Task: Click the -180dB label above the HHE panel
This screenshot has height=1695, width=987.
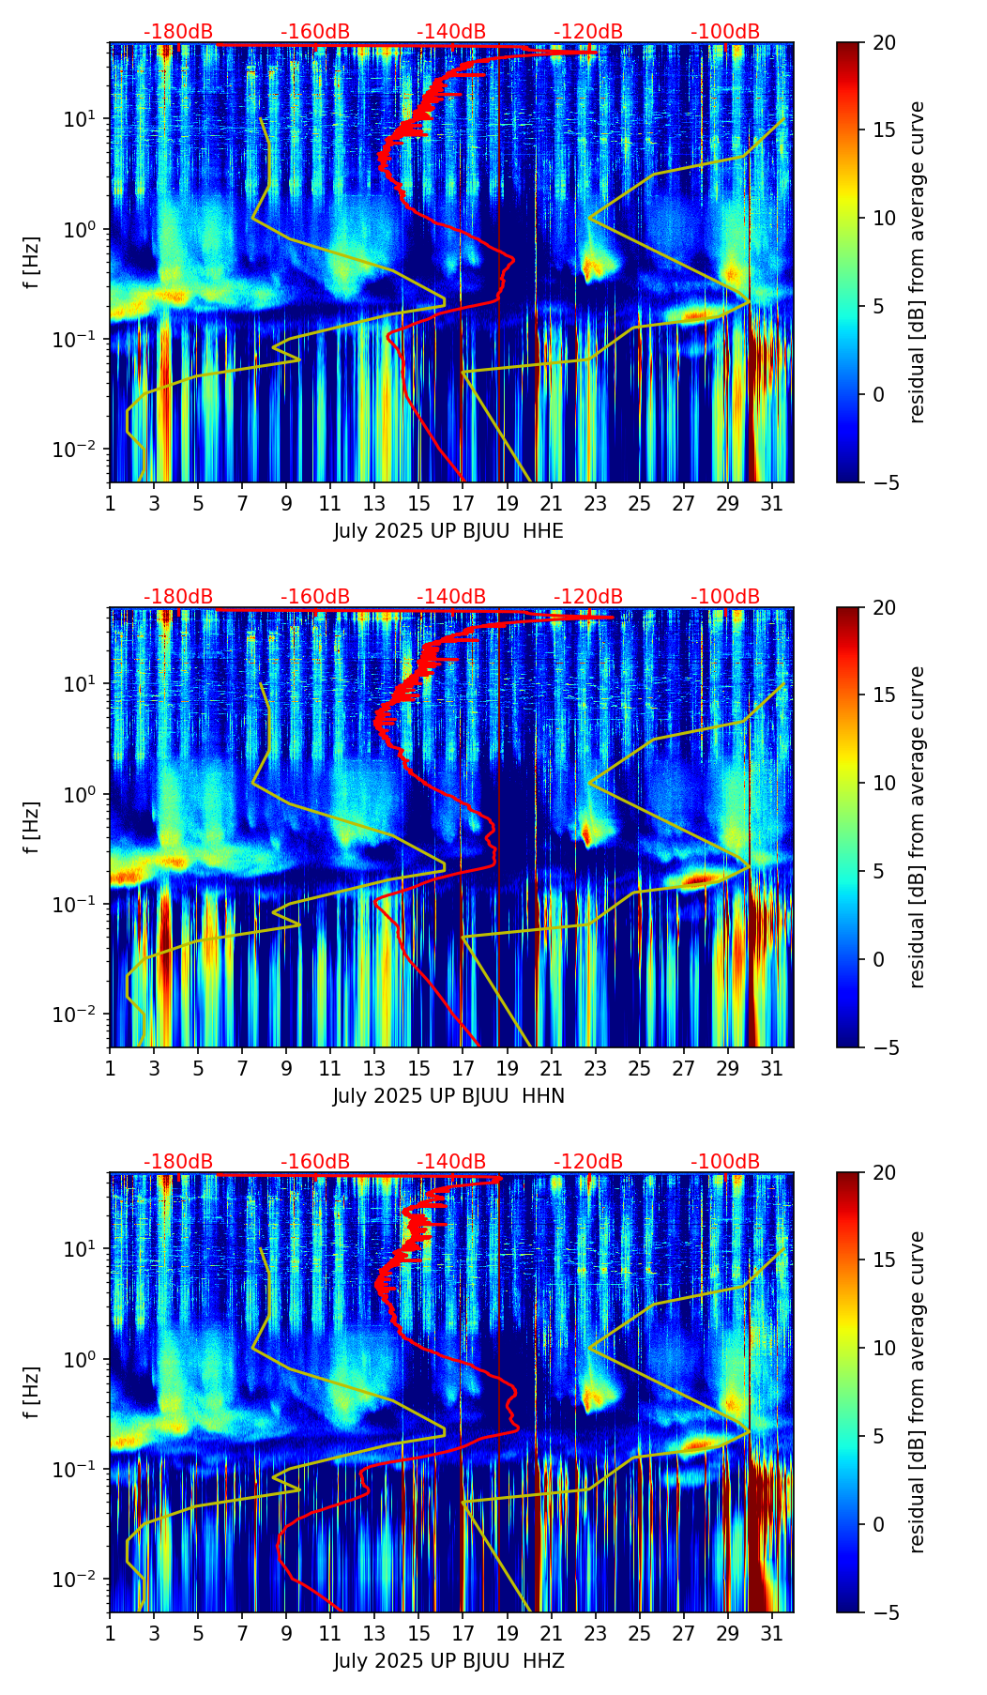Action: pyautogui.click(x=178, y=32)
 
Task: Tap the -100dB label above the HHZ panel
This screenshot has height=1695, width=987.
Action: pyautogui.click(x=725, y=1162)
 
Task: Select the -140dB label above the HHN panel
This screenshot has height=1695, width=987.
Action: pyautogui.click(x=451, y=597)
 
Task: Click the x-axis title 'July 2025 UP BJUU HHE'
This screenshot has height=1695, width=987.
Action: pyautogui.click(x=448, y=531)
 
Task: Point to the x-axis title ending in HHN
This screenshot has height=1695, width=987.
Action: pyautogui.click(x=448, y=1096)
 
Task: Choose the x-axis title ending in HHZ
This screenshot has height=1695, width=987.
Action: pyautogui.click(x=448, y=1661)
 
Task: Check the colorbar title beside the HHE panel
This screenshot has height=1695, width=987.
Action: pyautogui.click(x=918, y=262)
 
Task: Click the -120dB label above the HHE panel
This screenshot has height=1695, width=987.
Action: pyautogui.click(x=588, y=32)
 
